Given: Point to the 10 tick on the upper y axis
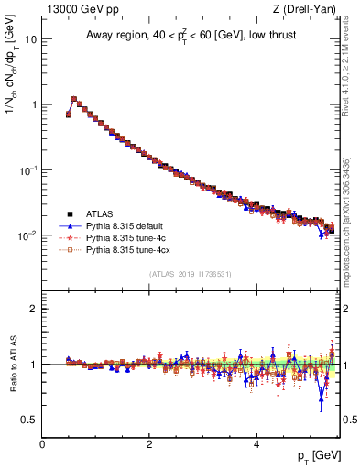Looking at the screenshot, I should (x=32, y=40).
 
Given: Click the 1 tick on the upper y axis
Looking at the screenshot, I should (x=34, y=105).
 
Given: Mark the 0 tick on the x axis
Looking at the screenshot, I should (x=42, y=444).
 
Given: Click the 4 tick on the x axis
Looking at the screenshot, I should (x=256, y=444).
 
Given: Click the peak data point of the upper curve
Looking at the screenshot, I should (x=74, y=99).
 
